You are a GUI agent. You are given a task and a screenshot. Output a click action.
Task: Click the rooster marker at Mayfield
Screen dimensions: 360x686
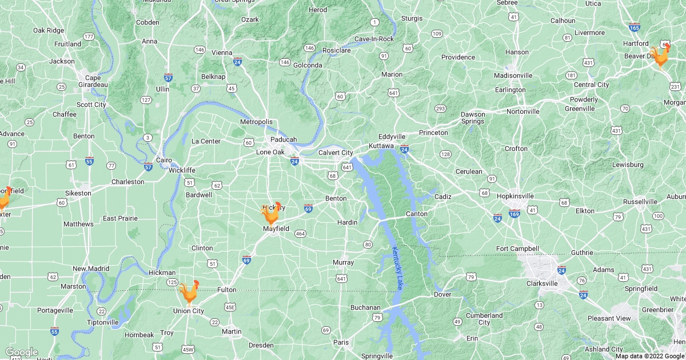click(x=271, y=213)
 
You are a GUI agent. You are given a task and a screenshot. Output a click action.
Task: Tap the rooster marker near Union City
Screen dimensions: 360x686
click(x=189, y=292)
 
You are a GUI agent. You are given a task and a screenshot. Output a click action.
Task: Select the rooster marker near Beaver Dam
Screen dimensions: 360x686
click(x=660, y=57)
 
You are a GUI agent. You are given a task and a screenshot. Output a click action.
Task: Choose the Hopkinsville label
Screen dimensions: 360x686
click(x=514, y=196)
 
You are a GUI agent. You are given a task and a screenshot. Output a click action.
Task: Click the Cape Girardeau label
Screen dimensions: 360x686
click(x=93, y=81)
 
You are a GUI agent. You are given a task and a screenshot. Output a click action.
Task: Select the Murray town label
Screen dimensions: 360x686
click(x=343, y=262)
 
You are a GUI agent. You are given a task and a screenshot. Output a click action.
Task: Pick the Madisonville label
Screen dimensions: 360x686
click(x=513, y=75)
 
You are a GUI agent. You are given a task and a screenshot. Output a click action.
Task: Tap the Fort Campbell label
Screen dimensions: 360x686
click(x=517, y=249)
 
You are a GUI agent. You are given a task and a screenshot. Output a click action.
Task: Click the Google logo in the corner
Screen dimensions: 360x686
click(x=21, y=352)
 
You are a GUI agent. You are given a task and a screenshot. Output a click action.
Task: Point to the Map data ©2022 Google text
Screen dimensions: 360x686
click(x=649, y=356)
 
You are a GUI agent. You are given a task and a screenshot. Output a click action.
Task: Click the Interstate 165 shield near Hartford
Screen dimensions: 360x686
click(x=634, y=27)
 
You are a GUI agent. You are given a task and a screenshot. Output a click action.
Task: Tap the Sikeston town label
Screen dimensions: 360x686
click(x=78, y=193)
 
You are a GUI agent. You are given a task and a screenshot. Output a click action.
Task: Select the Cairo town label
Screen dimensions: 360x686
click(x=165, y=161)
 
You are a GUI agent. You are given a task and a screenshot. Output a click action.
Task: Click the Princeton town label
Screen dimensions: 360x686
click(x=433, y=133)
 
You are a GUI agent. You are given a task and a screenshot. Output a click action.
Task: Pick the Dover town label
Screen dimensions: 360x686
click(x=442, y=295)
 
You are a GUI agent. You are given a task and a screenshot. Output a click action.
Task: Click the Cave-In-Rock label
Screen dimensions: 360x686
click(x=374, y=39)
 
